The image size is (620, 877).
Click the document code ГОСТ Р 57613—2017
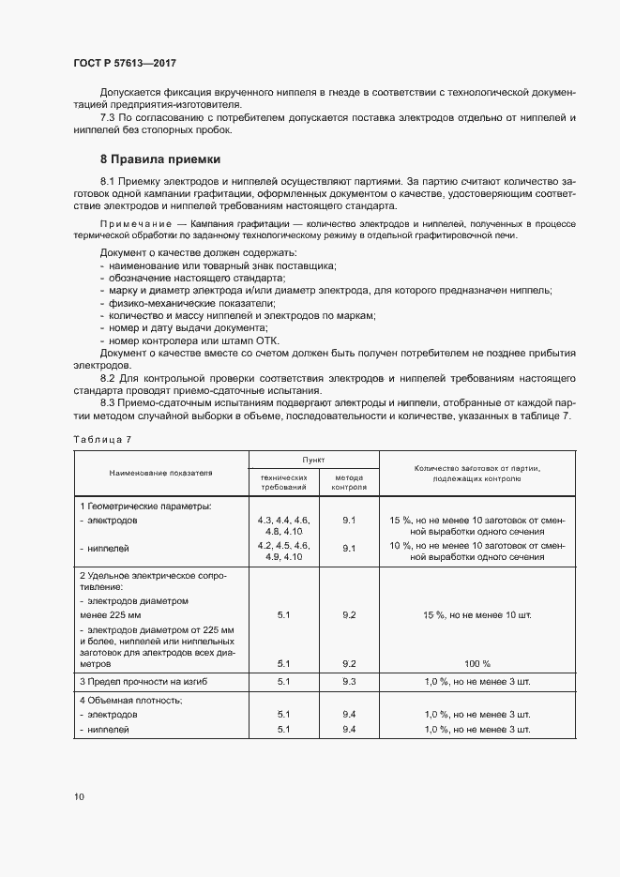coord(124,63)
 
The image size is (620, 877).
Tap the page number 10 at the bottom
coord(79,796)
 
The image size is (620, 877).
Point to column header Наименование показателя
coord(160,473)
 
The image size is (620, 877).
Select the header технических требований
coord(283,483)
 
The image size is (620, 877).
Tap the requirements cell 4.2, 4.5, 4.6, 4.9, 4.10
coord(283,551)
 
